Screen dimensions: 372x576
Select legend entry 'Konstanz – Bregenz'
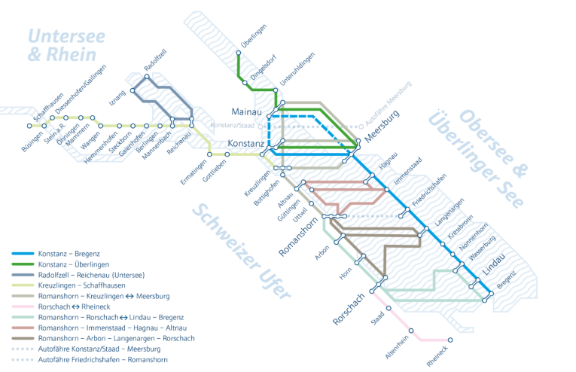click(x=69, y=254)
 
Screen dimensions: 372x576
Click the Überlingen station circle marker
click(x=238, y=53)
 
